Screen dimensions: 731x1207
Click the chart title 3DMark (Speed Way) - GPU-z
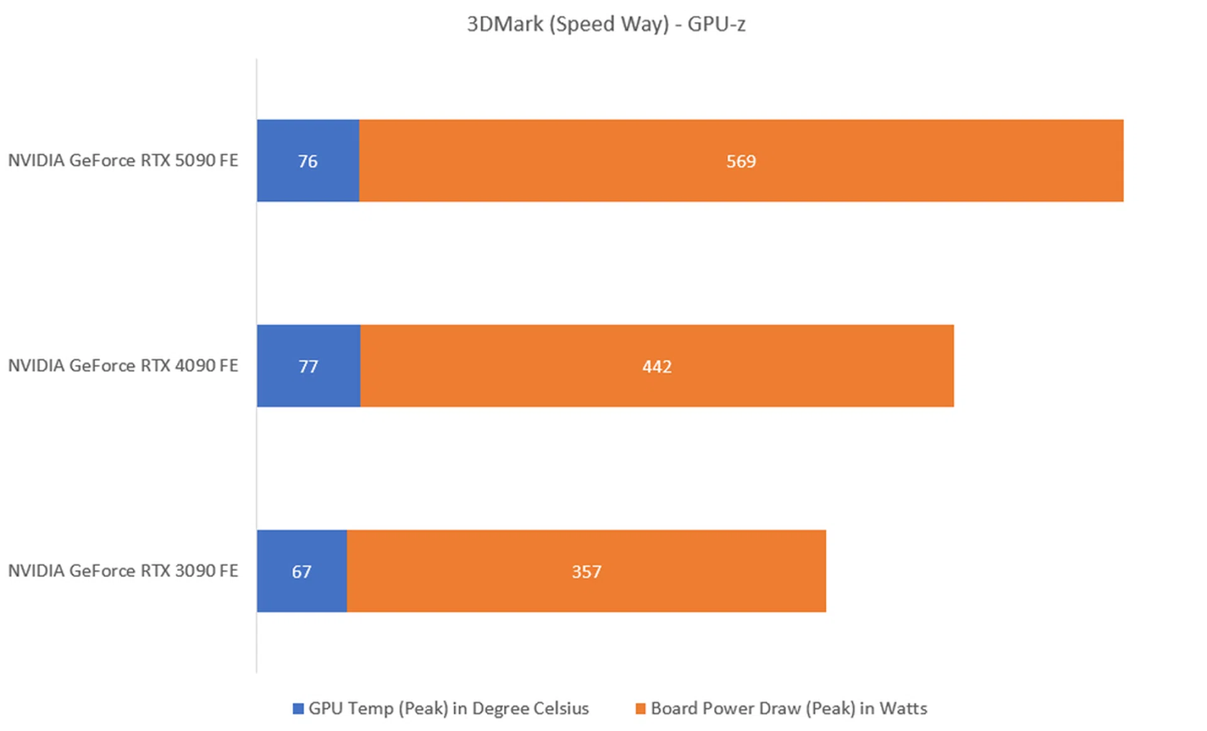point(606,24)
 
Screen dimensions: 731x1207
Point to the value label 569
point(741,162)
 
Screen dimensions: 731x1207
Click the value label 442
point(657,366)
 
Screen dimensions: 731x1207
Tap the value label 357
point(587,572)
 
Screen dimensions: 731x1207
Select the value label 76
point(307,162)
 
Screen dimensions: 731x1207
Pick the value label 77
point(308,366)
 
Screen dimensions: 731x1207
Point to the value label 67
point(302,572)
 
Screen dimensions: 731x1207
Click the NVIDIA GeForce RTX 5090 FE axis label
point(123,160)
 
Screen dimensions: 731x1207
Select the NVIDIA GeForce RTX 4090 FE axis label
point(123,365)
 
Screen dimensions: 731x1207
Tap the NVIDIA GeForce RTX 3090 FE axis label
point(123,571)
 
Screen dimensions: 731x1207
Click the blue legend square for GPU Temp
point(298,709)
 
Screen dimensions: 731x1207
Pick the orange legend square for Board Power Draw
point(641,709)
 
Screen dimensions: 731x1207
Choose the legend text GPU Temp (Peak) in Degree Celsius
point(448,708)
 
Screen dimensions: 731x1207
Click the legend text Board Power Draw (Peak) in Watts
point(789,708)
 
